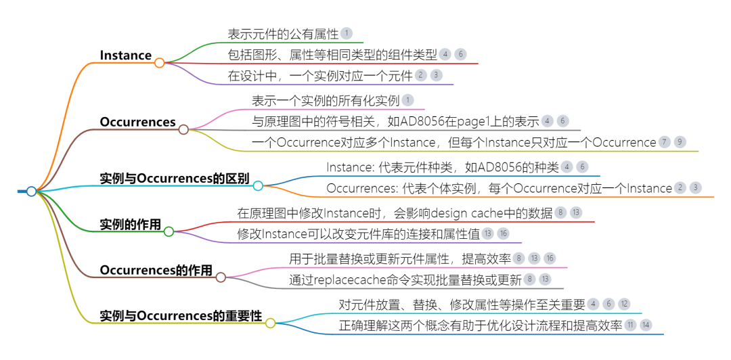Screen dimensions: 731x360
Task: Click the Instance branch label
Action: (126, 55)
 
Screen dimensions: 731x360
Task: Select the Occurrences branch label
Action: (137, 122)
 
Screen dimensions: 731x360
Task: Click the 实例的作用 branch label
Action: (130, 225)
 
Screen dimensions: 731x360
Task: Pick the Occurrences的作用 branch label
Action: (156, 271)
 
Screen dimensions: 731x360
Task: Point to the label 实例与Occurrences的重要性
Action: (180, 316)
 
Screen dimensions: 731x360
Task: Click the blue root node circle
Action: (31, 192)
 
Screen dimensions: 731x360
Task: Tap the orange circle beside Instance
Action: (160, 63)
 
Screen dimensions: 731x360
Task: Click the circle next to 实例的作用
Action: (169, 231)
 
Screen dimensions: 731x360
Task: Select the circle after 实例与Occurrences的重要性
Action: (270, 323)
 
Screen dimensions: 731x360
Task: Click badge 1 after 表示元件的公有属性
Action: (347, 32)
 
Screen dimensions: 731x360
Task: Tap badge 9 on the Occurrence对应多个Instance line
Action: (680, 142)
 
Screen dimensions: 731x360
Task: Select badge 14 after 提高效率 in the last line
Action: (646, 325)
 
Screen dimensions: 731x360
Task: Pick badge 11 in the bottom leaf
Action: (631, 325)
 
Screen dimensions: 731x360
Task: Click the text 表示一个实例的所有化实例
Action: (326, 101)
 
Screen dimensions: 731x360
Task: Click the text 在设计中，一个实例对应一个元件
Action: (319, 75)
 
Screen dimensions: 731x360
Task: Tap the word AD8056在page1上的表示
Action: (474, 121)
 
